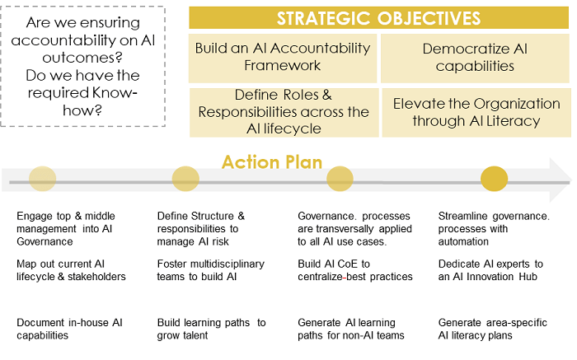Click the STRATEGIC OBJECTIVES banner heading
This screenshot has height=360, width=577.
pos(378,18)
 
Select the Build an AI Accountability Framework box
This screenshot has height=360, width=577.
pos(283,58)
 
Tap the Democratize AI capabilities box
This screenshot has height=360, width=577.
pos(475,58)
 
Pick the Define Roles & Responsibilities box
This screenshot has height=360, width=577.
pos(284,112)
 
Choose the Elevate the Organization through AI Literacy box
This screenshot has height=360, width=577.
pos(476,112)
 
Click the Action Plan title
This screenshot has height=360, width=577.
pos(272,162)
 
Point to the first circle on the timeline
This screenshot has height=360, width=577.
pos(42,179)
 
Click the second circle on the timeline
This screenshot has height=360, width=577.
pos(185,179)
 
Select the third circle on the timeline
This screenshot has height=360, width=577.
pos(340,179)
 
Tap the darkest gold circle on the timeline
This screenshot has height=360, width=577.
pos(495,179)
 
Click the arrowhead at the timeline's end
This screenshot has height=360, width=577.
pos(561,180)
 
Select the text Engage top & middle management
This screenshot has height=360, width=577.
pos(66,222)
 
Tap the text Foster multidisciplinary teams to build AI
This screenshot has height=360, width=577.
pos(211,270)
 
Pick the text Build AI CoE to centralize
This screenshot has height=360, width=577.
pos(334,270)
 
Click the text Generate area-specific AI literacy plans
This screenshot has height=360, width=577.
pos(493,329)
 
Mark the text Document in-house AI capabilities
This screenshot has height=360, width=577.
pos(69,329)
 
